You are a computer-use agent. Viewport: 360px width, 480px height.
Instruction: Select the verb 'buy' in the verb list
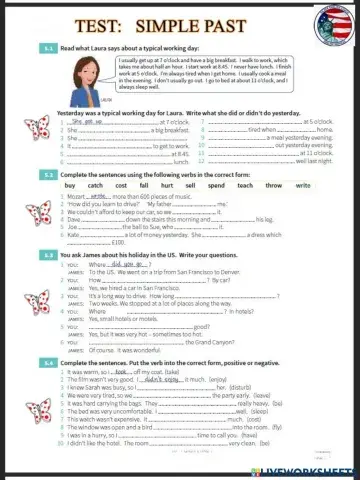[69, 186]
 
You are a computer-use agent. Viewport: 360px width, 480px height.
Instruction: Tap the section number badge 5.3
[49, 255]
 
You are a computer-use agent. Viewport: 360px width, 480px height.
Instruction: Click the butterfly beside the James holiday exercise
[40, 304]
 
